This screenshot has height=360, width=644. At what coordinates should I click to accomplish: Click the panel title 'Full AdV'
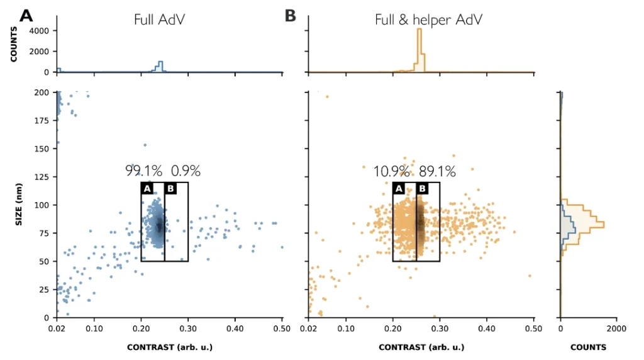coord(159,19)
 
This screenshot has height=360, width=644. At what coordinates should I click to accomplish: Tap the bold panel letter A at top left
coord(26,16)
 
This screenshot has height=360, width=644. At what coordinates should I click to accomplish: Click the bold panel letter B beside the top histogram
coord(290,16)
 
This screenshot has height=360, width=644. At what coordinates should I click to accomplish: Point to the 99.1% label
coord(143,171)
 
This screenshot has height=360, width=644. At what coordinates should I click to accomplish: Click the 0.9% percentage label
coord(186,171)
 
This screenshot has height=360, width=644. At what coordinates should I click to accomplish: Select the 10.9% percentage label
coord(392,171)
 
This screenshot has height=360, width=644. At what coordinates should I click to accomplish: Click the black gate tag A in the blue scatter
coord(147,188)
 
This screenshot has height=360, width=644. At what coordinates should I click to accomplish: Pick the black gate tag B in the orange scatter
coord(422,188)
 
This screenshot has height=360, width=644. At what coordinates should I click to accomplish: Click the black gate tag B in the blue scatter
coord(170,188)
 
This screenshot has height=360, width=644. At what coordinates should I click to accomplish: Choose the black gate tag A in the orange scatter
coord(399,188)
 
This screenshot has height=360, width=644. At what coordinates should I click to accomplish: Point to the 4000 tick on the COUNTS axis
coord(39,30)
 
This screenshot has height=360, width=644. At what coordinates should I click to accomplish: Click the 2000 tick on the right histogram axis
coord(616,329)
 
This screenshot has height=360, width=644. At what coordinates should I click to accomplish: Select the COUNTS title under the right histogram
coord(588,347)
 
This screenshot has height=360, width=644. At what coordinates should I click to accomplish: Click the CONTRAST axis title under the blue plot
coord(170,347)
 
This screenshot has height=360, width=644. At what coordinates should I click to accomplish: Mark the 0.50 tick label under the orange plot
coord(533,329)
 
